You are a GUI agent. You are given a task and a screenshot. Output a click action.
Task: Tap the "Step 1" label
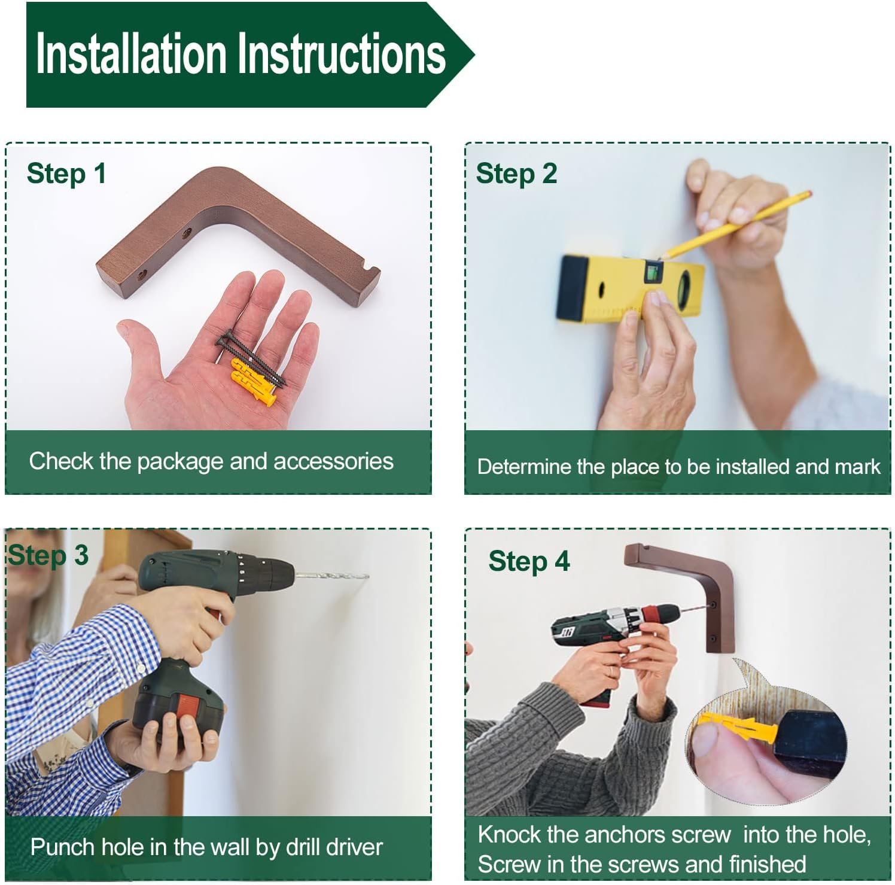point(66,174)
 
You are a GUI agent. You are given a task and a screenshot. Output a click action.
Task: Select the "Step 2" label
point(516,174)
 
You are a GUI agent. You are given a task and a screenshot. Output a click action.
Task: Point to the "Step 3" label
point(48,556)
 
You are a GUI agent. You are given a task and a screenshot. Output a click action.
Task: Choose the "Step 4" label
point(529,562)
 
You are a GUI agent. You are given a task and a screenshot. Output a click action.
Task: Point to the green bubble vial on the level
point(652,273)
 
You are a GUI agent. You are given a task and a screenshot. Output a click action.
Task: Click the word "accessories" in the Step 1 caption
point(333,461)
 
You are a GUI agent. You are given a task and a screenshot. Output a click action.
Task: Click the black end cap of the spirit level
point(573,287)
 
